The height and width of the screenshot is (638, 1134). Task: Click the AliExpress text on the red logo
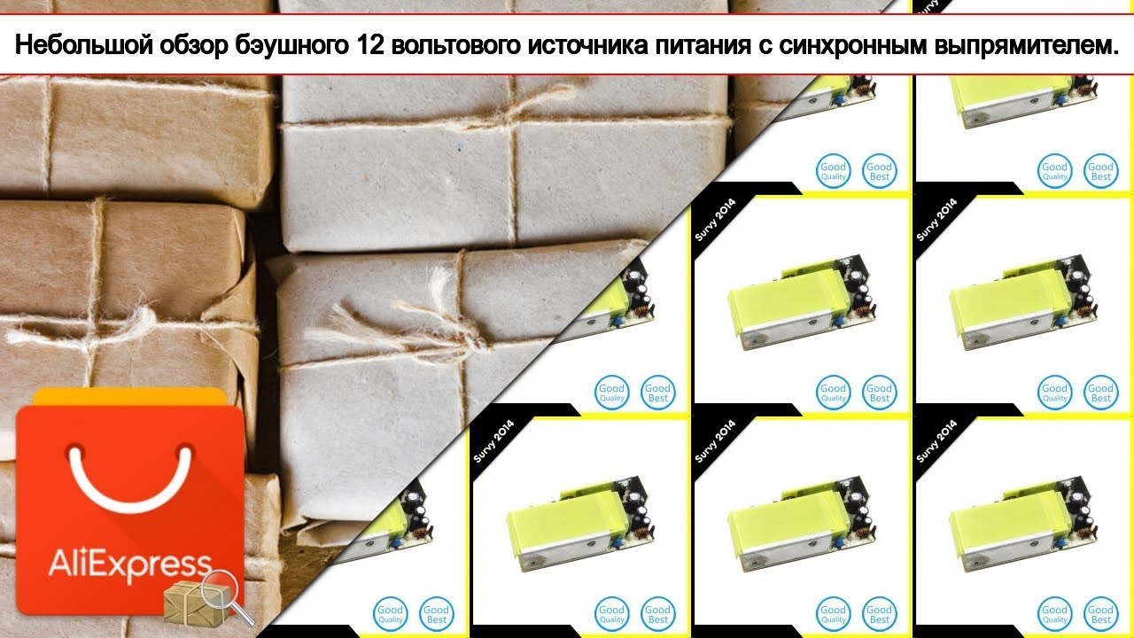[x=128, y=564]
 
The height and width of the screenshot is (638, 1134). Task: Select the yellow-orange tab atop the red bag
[x=129, y=396]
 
